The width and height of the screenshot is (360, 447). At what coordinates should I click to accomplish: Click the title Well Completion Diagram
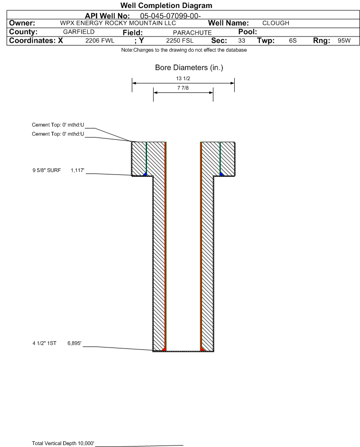coord(166,5)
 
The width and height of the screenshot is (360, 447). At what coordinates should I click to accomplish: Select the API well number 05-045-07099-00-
coord(170,16)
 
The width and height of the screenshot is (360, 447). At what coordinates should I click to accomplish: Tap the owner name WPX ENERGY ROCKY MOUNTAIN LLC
coord(118,23)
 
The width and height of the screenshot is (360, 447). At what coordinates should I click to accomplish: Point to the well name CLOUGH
coord(276,23)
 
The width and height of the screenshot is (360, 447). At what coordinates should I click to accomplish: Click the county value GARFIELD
coord(79,32)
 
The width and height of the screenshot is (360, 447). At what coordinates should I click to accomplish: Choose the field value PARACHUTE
coord(192,33)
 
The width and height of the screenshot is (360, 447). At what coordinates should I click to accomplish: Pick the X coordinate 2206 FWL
coord(100,41)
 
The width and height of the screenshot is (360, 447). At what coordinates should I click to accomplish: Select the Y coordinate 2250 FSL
coord(180,41)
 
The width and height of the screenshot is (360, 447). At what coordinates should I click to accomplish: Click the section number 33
coord(241,41)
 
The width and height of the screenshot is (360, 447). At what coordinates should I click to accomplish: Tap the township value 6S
coord(293,41)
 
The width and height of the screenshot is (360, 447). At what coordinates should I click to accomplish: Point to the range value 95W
coord(344,41)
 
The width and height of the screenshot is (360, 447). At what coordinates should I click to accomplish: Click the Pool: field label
coord(248,32)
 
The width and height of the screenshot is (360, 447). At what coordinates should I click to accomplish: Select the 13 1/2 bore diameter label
coord(183,78)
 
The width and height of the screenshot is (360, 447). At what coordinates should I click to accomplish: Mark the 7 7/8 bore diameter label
coord(183,88)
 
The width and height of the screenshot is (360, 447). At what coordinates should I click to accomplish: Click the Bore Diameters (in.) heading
coord(189,68)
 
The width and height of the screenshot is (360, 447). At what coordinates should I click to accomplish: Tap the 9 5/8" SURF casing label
coord(46,171)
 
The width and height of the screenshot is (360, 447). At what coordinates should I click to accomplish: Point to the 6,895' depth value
coord(74,344)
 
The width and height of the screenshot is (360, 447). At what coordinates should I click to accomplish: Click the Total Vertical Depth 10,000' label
coord(63,443)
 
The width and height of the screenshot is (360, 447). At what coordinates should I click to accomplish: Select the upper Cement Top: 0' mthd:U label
coord(58,125)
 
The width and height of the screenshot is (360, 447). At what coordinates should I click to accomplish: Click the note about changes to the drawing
coord(184,50)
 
